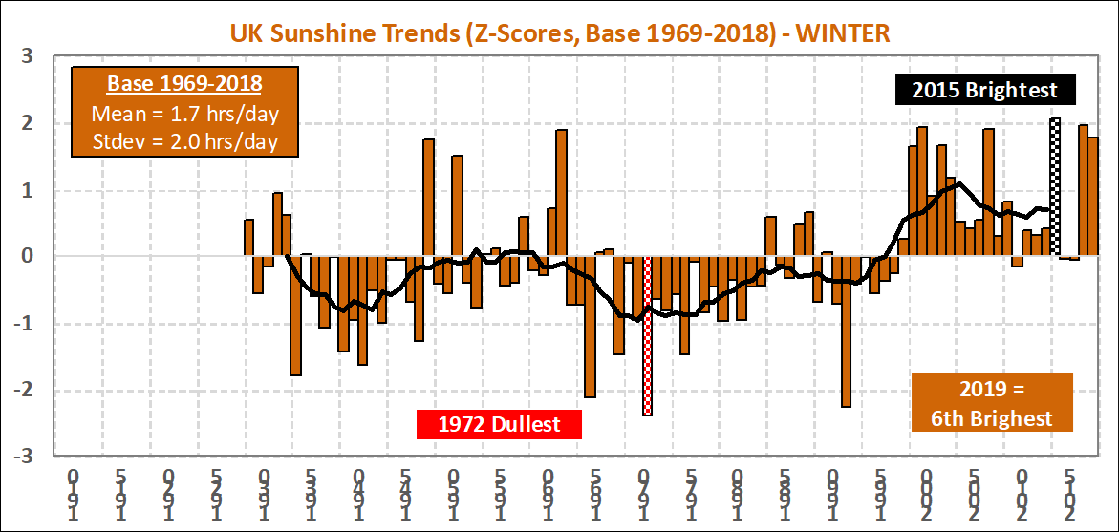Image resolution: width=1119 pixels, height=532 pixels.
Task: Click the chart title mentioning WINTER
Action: coord(559,33)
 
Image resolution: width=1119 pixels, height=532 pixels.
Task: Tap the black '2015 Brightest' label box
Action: coord(984,90)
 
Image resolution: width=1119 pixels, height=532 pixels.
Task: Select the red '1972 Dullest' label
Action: coord(499,423)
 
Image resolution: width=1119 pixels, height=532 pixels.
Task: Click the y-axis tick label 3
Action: coord(28,56)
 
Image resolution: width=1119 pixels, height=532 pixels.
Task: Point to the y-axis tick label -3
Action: coord(24,456)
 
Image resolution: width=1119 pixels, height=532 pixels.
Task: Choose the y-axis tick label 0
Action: coord(28,256)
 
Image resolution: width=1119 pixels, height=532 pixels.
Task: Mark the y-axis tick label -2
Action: coord(24,390)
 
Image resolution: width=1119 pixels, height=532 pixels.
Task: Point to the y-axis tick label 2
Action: coord(28,123)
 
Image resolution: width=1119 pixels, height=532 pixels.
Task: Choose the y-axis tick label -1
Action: coord(24,323)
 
